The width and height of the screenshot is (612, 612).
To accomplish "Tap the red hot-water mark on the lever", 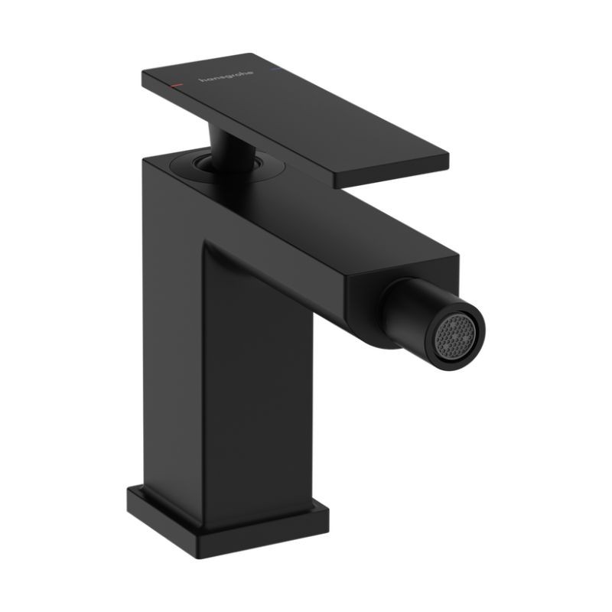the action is pyautogui.click(x=177, y=84).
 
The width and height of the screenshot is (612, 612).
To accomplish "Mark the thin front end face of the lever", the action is pyautogui.click(x=392, y=177).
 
